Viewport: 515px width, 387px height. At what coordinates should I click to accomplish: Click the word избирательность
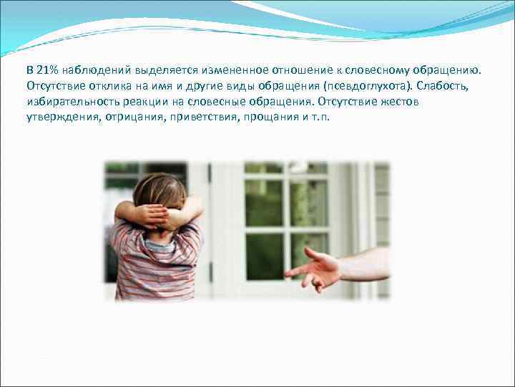(x=71, y=102)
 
